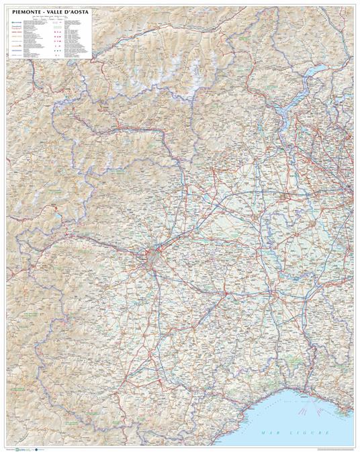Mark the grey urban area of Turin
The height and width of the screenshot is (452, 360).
[154, 256]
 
